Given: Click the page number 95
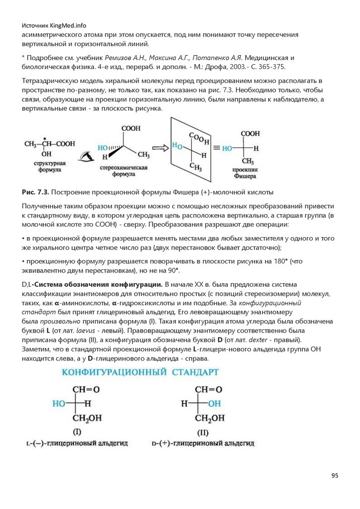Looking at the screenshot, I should click(335, 476).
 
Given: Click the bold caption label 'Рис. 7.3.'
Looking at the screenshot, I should click(35, 192).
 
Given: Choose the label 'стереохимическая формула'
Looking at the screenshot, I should click(122, 171).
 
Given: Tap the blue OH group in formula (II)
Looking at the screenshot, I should click(214, 404).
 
